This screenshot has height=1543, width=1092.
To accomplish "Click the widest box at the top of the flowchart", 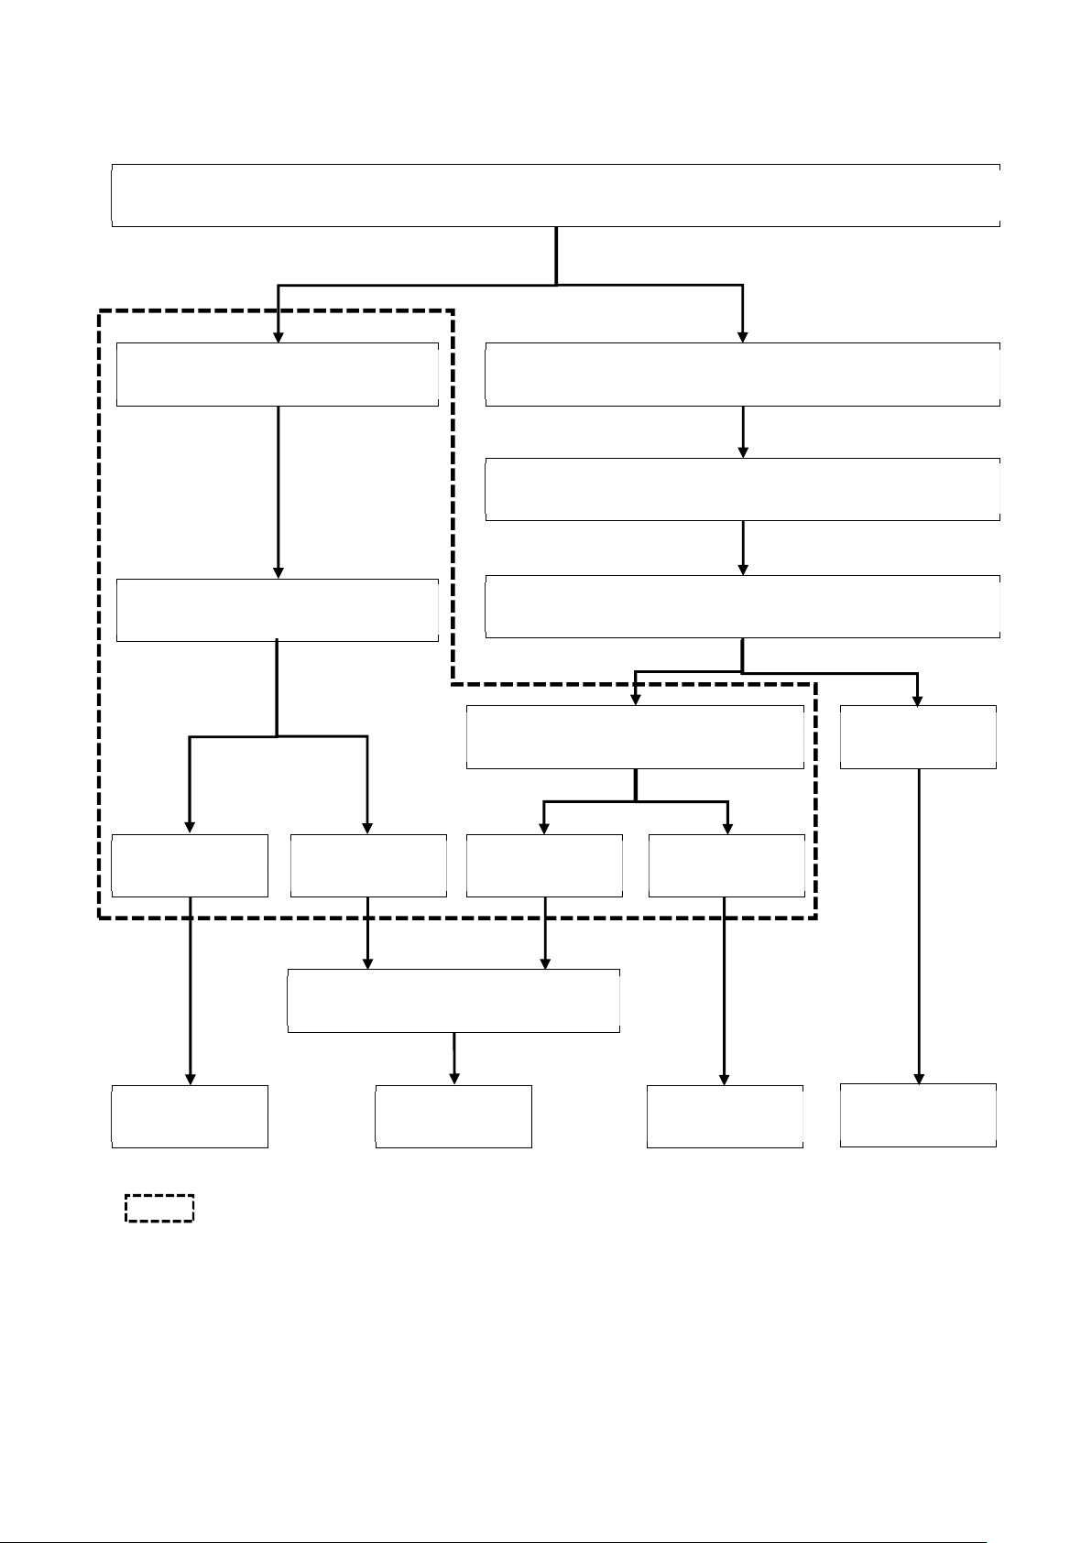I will click(555, 195).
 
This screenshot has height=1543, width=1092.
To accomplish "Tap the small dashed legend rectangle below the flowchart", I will click(159, 1208).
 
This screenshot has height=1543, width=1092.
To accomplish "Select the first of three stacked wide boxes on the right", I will click(742, 375).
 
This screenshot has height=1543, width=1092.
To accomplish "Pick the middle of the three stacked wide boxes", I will click(742, 490).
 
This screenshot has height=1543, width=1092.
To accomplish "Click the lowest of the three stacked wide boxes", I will click(742, 606).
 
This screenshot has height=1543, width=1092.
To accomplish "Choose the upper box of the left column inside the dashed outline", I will click(278, 375).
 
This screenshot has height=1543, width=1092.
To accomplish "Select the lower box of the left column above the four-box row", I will click(278, 610).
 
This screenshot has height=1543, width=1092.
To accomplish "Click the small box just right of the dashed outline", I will click(918, 737).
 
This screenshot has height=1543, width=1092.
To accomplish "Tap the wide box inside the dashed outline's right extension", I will click(635, 737).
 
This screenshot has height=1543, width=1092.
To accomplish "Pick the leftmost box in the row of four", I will click(190, 865).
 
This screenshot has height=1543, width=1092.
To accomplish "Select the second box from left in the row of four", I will click(368, 865).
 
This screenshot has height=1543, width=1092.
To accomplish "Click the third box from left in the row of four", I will click(544, 865).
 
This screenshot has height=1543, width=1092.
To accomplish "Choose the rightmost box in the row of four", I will click(726, 865).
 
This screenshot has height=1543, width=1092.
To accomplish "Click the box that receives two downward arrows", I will click(453, 1001).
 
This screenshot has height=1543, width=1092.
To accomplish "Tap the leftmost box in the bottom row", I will click(190, 1116).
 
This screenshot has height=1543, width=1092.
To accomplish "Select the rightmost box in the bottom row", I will click(918, 1115).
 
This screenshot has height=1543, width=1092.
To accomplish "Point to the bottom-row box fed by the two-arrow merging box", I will click(453, 1116).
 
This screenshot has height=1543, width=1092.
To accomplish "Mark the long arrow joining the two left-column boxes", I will click(278, 491).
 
